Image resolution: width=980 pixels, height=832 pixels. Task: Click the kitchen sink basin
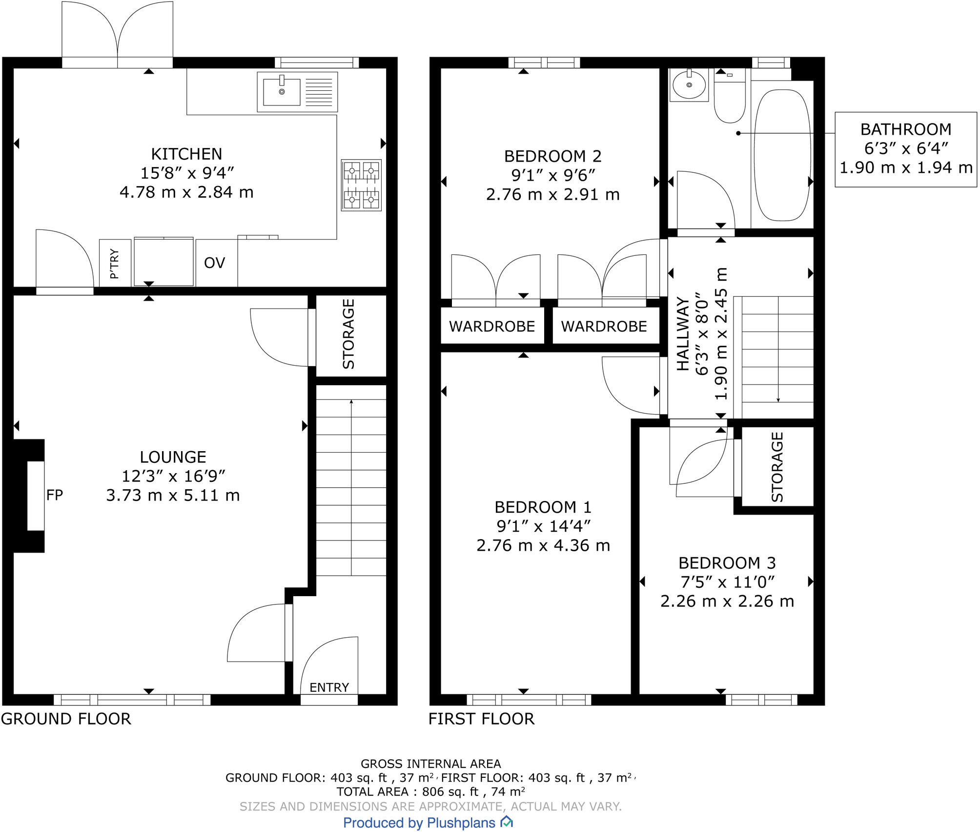click(282, 92)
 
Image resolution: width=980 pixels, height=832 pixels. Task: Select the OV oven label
click(214, 263)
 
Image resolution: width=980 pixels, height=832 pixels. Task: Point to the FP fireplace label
click(55, 495)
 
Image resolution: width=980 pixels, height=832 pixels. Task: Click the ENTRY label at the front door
click(329, 687)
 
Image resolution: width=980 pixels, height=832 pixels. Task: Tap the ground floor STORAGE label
click(348, 334)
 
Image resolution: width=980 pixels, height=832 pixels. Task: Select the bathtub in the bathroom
click(782, 155)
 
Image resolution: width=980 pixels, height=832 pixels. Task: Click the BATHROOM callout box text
click(906, 129)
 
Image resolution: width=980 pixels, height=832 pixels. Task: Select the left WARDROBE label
click(492, 326)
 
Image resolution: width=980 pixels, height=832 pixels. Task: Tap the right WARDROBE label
click(604, 326)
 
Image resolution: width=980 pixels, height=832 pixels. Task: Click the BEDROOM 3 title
click(727, 563)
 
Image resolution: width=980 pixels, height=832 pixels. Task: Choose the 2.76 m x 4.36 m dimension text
click(543, 545)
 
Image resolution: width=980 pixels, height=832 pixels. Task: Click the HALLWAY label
click(683, 334)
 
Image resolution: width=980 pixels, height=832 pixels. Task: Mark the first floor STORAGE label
click(777, 467)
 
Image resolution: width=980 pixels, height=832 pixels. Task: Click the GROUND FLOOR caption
click(66, 719)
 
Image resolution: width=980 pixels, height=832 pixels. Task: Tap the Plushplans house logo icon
click(507, 822)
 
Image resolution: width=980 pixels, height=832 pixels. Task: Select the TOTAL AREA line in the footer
click(430, 791)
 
